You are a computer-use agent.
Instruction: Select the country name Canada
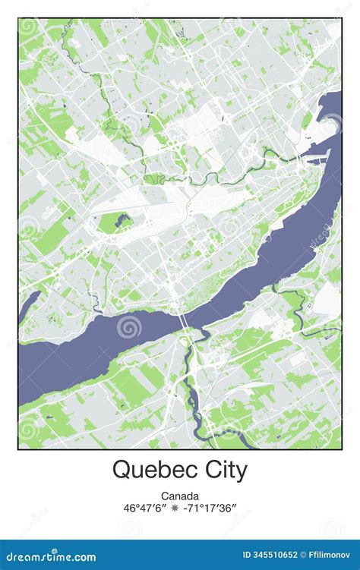tap(180, 496)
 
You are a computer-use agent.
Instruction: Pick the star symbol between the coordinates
tap(180, 509)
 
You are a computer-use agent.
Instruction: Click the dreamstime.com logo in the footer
tap(47, 557)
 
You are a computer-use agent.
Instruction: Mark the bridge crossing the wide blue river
tap(185, 322)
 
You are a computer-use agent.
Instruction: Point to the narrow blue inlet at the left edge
tap(29, 304)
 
